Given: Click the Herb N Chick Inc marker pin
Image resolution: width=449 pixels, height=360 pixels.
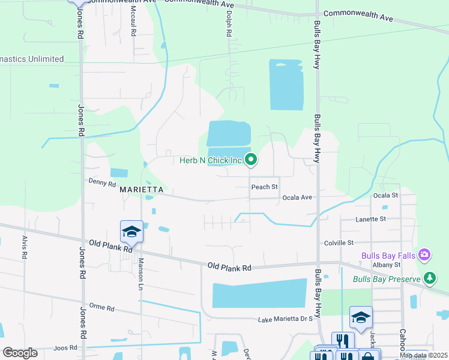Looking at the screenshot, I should click(252, 160).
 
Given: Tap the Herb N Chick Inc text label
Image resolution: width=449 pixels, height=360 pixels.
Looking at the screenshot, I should click(210, 160).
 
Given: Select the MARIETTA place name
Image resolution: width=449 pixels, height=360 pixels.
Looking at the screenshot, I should click(142, 190).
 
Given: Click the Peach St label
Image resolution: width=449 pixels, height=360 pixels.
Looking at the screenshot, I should click(265, 187).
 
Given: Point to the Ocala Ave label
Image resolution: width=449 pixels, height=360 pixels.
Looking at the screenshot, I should click(297, 197).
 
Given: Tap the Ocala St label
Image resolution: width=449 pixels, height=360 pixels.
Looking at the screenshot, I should click(385, 196).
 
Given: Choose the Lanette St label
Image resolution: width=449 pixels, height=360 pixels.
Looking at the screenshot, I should click(370, 220).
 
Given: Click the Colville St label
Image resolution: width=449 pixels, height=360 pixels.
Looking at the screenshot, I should click(339, 243).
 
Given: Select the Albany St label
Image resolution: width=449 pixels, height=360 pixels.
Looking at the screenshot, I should click(385, 265).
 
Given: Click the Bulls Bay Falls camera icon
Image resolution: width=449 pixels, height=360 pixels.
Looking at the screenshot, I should click(424, 255).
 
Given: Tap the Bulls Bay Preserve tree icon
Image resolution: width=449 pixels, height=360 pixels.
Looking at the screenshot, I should click(429, 278).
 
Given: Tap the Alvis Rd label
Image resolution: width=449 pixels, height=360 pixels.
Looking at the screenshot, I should click(25, 247).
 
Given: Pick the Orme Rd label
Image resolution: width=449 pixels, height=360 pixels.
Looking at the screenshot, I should click(101, 308).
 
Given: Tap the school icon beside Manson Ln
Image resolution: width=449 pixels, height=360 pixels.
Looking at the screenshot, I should click(132, 232).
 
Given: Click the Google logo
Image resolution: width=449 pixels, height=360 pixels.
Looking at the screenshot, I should click(20, 353).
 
